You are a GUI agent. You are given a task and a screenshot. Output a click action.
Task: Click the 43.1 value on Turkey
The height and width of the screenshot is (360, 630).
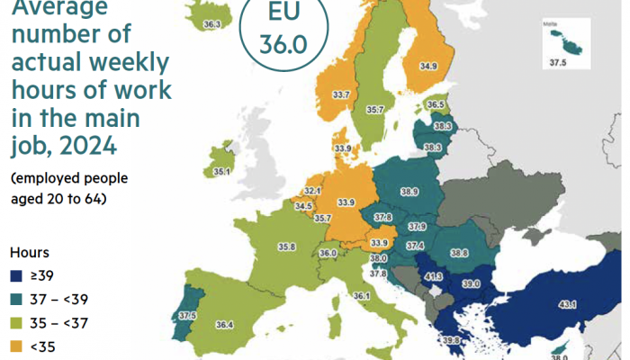click(568, 306)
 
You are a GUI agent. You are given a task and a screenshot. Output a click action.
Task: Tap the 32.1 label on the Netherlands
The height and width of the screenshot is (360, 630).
click(312, 191)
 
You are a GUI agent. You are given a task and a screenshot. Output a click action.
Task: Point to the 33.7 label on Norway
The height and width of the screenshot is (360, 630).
click(341, 94)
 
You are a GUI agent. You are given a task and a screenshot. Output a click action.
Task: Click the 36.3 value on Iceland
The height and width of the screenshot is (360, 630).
click(212, 24)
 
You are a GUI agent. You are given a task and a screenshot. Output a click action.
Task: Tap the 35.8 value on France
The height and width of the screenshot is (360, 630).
click(287, 247)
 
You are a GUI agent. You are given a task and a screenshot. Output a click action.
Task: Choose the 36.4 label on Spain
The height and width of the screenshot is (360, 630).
click(225, 324)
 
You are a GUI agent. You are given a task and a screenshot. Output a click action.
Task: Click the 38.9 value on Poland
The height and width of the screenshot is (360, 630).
click(409, 192)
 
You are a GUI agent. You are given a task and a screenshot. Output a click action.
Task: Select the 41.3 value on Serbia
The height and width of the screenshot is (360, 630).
click(434, 277)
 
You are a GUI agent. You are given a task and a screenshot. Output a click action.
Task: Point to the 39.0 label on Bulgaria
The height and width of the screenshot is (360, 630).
click(472, 283)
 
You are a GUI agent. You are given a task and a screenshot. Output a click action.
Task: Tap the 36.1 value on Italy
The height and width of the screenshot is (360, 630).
click(362, 296)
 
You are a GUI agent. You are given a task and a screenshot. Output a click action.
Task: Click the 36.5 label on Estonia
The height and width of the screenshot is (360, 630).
click(436, 105)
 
